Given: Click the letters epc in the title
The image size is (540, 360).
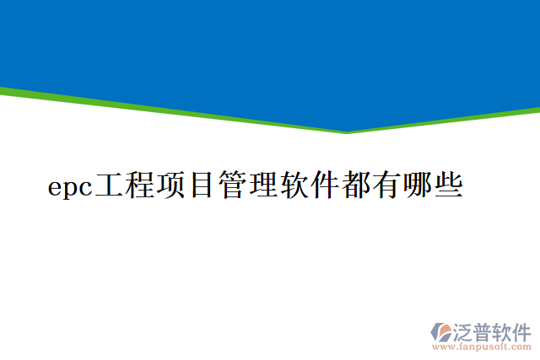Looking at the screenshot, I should (69, 187).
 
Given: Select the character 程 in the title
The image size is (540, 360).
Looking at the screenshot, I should (139, 185).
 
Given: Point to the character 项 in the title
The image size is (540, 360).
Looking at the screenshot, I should (170, 185).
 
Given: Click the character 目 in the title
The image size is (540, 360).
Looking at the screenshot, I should (201, 185).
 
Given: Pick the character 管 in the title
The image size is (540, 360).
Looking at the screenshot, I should (232, 185).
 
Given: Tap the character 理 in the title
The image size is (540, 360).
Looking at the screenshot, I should (262, 185).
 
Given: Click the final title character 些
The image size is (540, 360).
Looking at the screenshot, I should (448, 185).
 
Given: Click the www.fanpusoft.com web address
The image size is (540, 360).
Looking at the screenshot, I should (481, 347).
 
